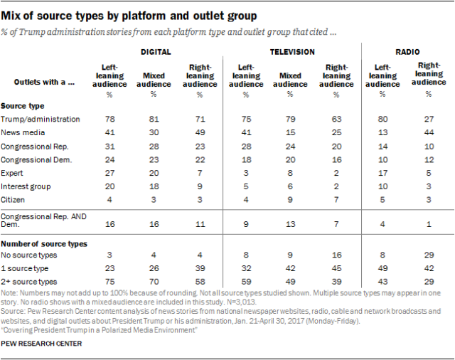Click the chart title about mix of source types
pyautogui.click(x=131, y=14)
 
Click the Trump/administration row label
pyautogui.click(x=40, y=119)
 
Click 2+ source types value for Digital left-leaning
pyautogui.click(x=111, y=282)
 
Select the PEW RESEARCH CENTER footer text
pyautogui.click(x=42, y=344)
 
